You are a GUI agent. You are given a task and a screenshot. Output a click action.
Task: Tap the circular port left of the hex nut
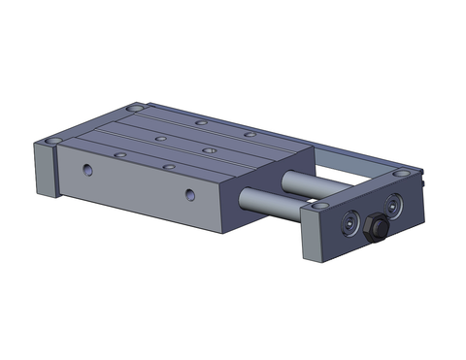tap(348, 220)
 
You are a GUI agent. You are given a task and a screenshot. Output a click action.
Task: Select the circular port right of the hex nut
tap(394, 206)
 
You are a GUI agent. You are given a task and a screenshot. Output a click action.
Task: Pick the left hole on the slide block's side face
tap(87, 170)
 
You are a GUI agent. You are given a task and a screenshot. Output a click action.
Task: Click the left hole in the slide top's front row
tap(119, 154)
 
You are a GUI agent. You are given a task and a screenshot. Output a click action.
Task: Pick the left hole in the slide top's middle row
tap(159, 138)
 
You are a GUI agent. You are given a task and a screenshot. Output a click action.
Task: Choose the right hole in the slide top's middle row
tap(208, 150)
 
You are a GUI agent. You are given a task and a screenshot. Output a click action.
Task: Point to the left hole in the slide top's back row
tap(199, 123)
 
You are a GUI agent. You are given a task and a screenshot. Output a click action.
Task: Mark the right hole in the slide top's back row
tap(250, 134)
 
